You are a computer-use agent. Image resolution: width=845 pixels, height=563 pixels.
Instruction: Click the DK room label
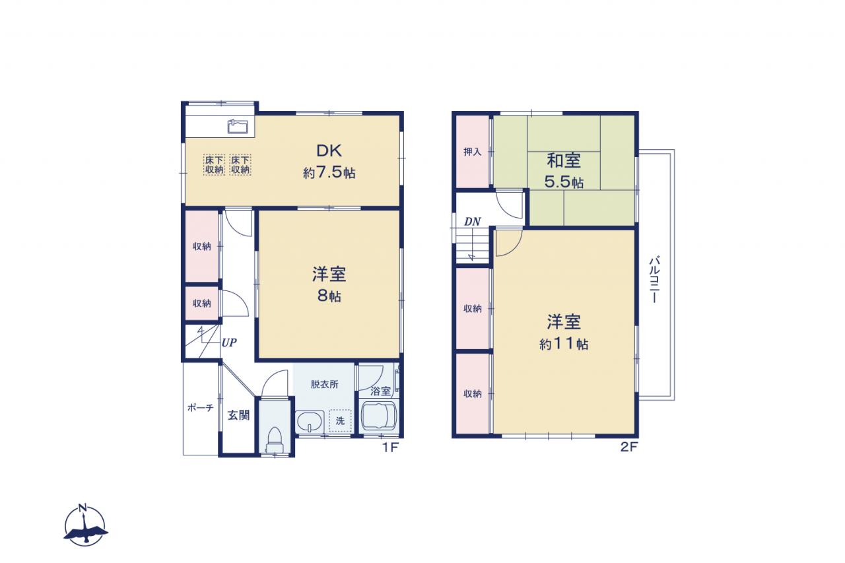coord(329,151)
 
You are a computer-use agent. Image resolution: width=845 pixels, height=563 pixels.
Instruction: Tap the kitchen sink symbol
coord(238,126)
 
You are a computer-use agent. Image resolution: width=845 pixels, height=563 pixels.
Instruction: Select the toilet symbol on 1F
coord(274,440)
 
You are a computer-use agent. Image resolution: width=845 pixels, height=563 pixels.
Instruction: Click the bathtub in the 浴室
coord(378,416)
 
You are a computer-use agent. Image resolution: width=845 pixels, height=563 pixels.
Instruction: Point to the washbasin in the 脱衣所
coord(310,422)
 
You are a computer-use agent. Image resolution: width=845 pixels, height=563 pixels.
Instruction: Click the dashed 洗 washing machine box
coord(340,420)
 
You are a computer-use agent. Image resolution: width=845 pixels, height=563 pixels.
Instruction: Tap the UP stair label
coord(229,343)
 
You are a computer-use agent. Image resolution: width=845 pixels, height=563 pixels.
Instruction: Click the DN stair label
coord(472,221)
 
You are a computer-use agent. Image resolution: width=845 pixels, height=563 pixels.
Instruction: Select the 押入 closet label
coord(472,152)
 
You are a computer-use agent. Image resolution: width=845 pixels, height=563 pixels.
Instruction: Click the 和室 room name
coord(564,160)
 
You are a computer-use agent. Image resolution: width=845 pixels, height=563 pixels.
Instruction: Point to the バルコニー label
coord(654,279)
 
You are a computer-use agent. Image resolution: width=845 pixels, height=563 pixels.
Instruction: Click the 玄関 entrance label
coord(238,415)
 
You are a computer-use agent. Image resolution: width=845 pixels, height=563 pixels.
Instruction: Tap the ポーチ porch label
coord(200,408)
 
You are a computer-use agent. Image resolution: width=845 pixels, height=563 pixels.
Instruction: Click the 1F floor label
coord(390,447)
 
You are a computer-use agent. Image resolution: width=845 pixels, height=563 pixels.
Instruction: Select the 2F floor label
coord(629,447)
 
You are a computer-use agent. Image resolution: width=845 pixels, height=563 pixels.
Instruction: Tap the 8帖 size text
coord(329,296)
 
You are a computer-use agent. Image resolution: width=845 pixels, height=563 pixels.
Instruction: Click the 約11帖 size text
coord(564,343)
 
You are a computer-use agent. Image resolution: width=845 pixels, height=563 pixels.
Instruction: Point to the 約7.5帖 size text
coord(329,172)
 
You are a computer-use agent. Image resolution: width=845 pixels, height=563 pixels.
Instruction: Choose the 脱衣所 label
coord(324,384)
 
